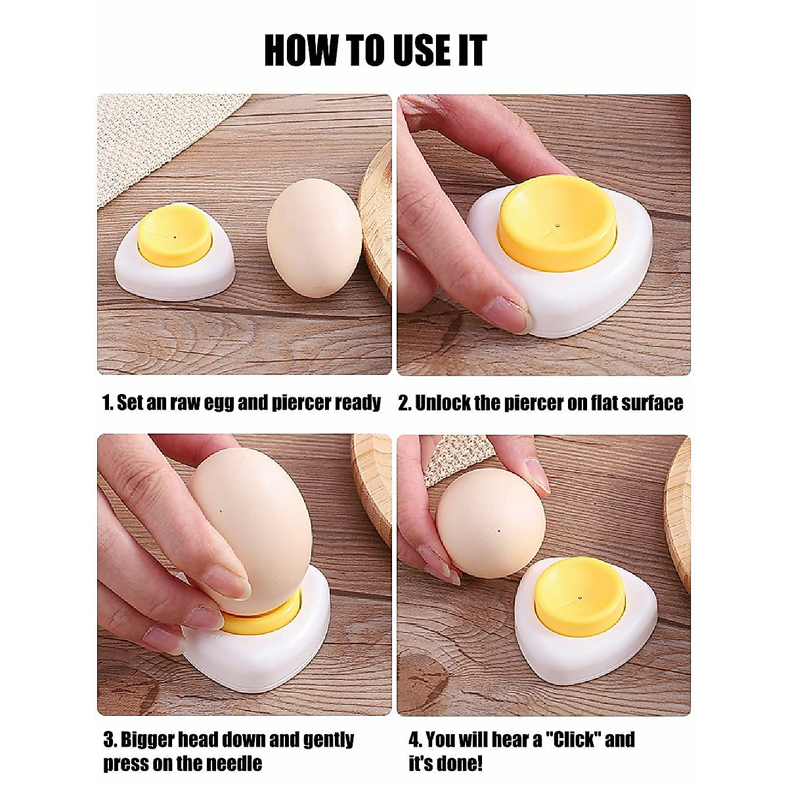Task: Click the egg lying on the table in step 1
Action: point(314,237)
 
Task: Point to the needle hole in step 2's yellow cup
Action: point(557,225)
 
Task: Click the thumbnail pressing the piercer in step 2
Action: point(505,314)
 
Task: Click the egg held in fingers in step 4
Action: point(491,522)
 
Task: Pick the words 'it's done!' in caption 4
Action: point(446,764)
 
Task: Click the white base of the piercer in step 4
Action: point(584,657)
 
